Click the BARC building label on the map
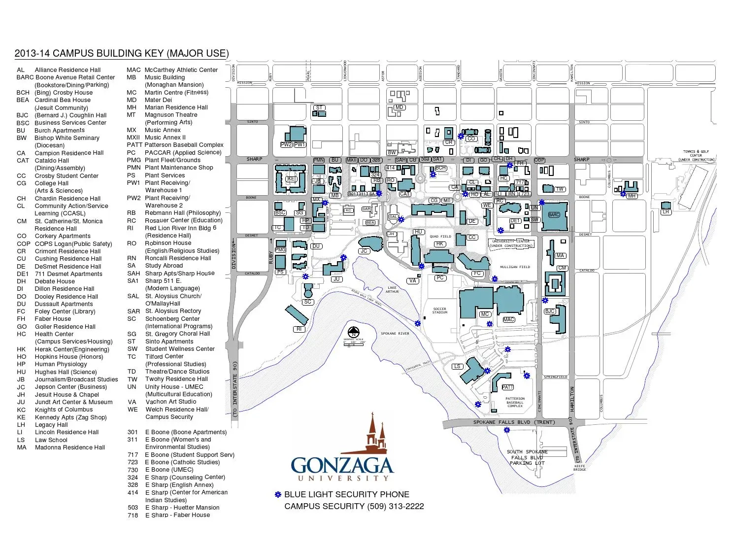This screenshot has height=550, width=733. tap(554, 215)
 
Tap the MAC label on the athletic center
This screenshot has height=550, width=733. tap(508, 320)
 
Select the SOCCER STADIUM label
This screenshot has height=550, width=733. tap(439, 310)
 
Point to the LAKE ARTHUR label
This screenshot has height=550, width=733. tap(392, 290)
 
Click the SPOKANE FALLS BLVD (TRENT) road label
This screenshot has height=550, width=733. tap(513, 422)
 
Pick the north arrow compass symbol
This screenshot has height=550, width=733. tap(353, 333)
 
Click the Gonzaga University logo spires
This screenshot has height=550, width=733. tap(376, 434)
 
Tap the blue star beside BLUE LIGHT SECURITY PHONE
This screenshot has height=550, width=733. tap(278, 494)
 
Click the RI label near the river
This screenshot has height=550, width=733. tap(299, 329)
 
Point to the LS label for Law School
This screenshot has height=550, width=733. tap(457, 367)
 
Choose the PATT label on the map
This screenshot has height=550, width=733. tap(507, 387)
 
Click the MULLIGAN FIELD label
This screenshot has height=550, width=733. tap(515, 267)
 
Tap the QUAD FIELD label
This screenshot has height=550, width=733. tap(440, 237)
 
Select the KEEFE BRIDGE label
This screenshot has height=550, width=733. tap(579, 468)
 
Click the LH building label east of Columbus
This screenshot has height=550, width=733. tap(666, 212)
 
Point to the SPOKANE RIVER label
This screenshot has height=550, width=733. tap(395, 334)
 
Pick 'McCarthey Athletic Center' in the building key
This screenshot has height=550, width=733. tap(181, 70)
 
